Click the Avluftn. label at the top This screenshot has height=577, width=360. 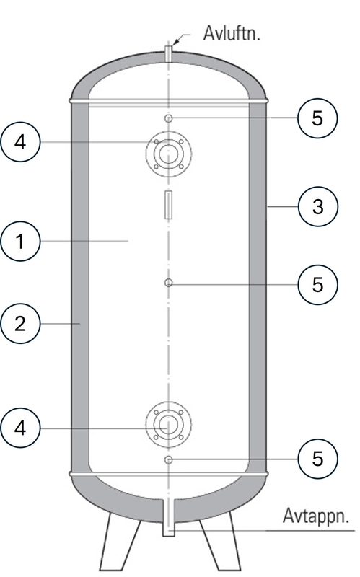[232, 33]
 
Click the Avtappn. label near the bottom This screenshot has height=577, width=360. [315, 516]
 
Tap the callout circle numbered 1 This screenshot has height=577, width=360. [20, 242]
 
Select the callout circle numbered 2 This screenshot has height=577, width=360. [20, 324]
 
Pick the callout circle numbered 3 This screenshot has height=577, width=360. [317, 206]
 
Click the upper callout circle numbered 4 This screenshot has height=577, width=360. [20, 142]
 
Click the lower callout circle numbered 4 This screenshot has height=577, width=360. [20, 428]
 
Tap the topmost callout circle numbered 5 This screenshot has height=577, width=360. [317, 118]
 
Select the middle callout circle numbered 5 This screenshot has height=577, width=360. [317, 284]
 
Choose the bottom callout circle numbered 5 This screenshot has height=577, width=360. [317, 459]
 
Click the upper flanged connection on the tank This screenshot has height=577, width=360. [169, 154]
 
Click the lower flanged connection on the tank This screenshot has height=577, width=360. [169, 425]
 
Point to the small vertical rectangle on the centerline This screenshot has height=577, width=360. [169, 205]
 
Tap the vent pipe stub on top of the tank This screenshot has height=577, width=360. [169, 53]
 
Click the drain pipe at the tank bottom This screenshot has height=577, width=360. [169, 517]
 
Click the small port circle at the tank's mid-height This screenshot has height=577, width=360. [169, 283]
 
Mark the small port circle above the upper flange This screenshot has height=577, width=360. [169, 118]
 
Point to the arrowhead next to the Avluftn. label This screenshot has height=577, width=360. [175, 41]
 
